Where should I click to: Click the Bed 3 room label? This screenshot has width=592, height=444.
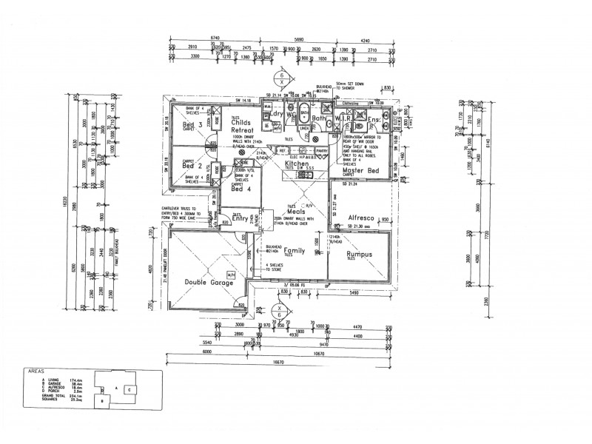click(x=192, y=125)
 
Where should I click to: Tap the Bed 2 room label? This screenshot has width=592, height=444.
click(x=192, y=166)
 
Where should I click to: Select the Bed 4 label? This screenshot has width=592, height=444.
click(x=240, y=189)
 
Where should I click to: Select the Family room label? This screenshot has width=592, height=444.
click(x=295, y=251)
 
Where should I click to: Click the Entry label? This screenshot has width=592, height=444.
click(x=239, y=219)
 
